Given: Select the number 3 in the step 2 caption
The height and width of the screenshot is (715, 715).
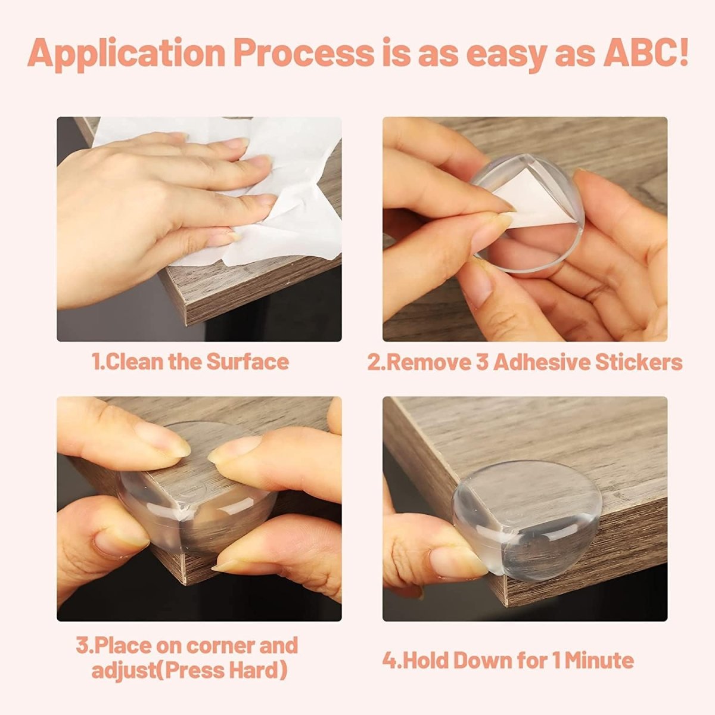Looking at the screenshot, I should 482,362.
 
